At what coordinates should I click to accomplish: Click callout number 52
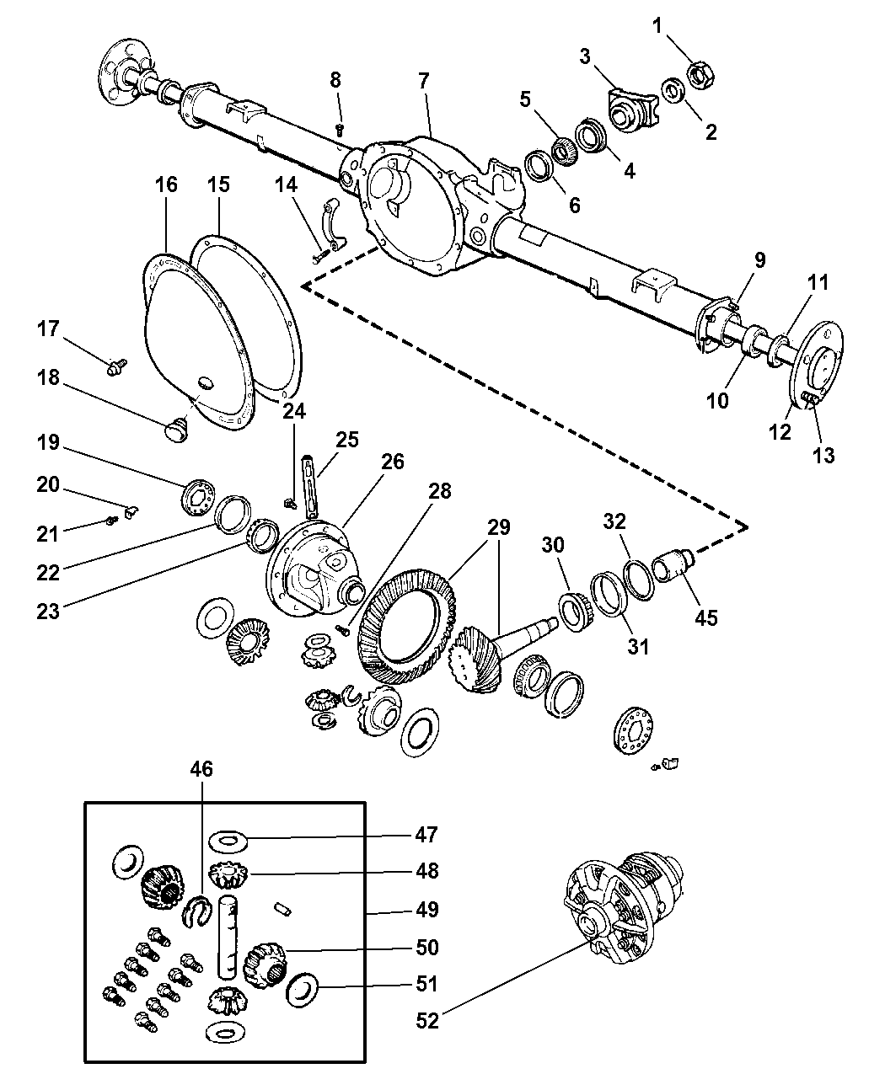pyautogui.click(x=427, y=1020)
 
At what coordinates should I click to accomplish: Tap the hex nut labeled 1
pyautogui.click(x=701, y=74)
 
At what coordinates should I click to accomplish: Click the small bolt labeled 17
pyautogui.click(x=116, y=365)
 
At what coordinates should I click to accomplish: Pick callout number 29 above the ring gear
pyautogui.click(x=499, y=528)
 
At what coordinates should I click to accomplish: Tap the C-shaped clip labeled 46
pyautogui.click(x=196, y=911)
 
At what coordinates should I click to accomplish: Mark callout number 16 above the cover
pyautogui.click(x=167, y=184)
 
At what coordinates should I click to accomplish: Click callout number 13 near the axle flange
pyautogui.click(x=823, y=455)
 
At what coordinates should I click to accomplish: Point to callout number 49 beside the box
pyautogui.click(x=427, y=909)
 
